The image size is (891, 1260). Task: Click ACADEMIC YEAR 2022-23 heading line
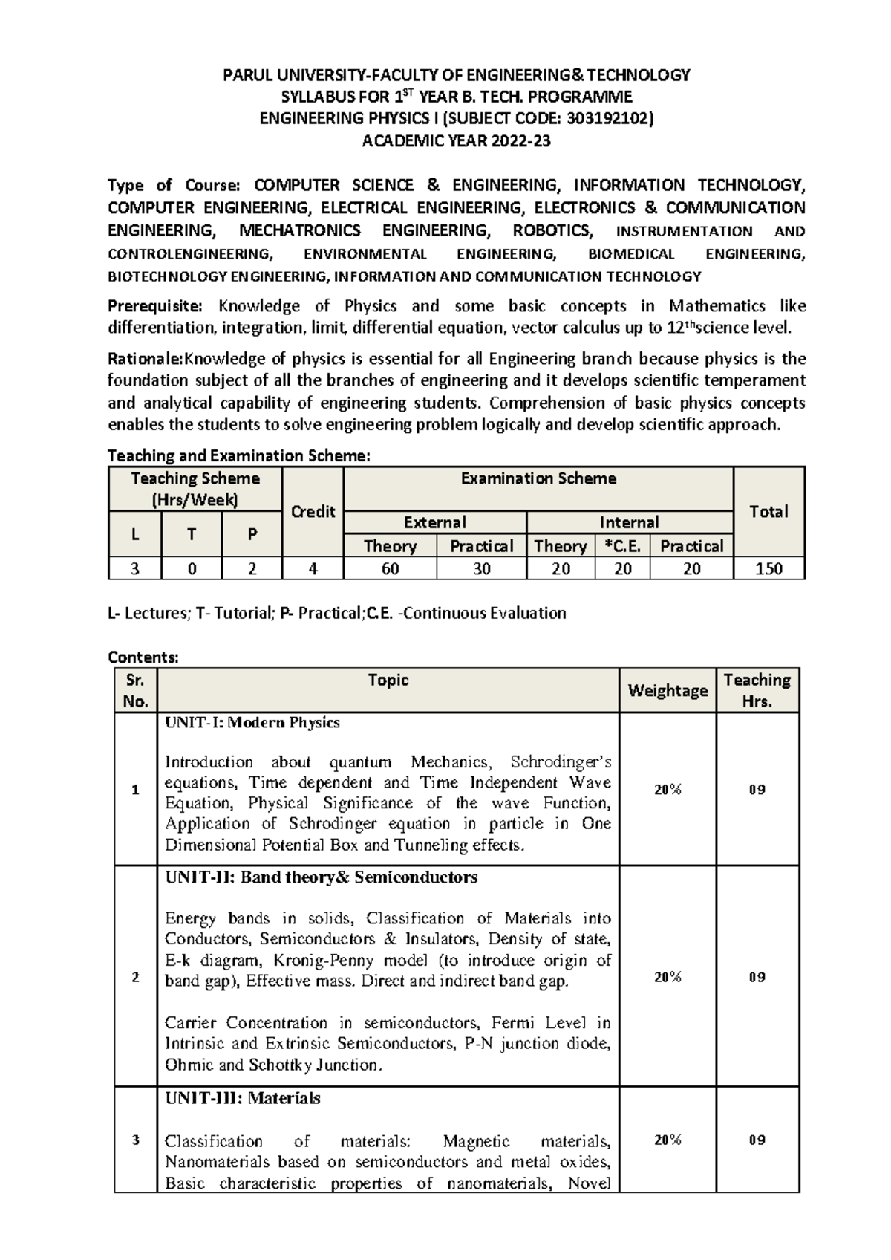(456, 140)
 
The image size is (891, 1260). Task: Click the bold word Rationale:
(146, 359)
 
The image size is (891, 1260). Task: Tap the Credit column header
(313, 512)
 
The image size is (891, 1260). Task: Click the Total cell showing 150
(768, 569)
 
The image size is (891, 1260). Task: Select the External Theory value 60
(390, 569)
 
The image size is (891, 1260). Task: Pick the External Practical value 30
(481, 569)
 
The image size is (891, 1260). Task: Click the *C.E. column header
(622, 546)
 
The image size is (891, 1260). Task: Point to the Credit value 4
(313, 569)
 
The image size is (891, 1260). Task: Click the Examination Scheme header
(538, 478)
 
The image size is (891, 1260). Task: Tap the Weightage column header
(668, 690)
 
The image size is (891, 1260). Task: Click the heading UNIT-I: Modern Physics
(252, 723)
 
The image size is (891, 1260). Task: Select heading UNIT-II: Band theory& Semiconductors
(321, 877)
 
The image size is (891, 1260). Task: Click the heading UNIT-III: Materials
(243, 1098)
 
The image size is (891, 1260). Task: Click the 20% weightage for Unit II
(668, 978)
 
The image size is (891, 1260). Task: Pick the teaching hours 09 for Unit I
(757, 790)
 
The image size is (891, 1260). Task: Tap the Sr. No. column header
(136, 690)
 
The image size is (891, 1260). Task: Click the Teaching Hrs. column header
(757, 690)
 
